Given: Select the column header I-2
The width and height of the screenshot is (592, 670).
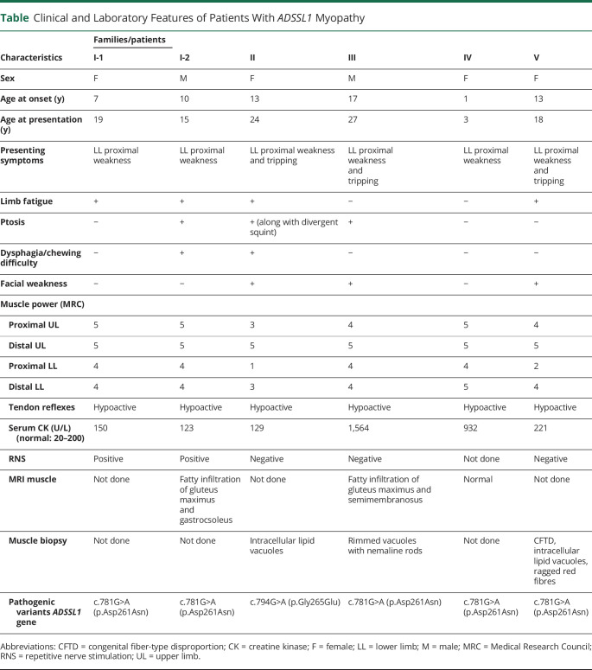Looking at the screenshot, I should (184, 59).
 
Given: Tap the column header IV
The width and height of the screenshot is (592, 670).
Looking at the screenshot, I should (468, 59).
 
